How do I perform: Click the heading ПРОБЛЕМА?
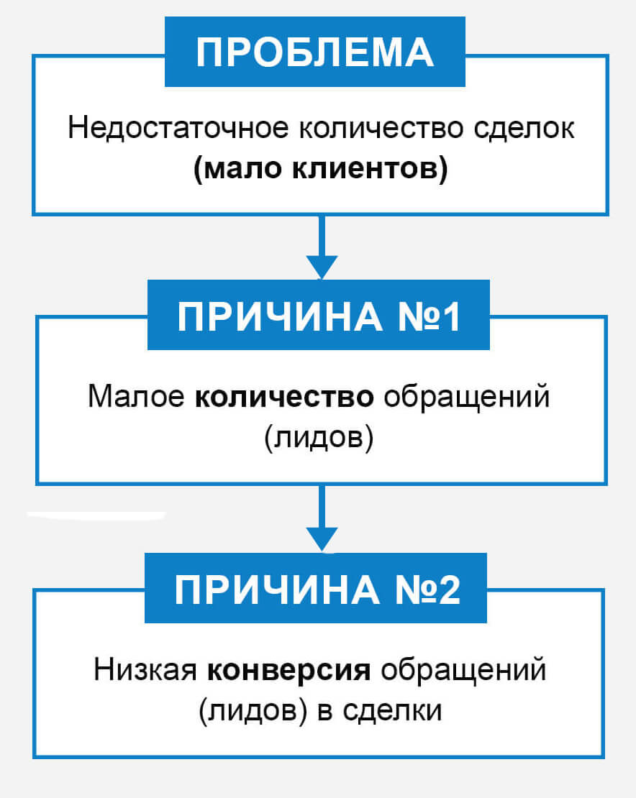(314, 52)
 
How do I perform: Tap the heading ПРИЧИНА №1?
(319, 316)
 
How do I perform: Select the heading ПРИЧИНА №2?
(317, 590)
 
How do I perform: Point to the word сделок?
(524, 128)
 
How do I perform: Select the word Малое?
(136, 396)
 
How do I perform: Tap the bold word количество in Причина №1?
(285, 396)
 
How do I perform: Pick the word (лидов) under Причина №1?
(319, 437)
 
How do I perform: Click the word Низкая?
(145, 669)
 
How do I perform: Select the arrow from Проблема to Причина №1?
(322, 247)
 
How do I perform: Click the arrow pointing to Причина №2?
(322, 518)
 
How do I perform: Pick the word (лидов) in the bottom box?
(253, 710)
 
